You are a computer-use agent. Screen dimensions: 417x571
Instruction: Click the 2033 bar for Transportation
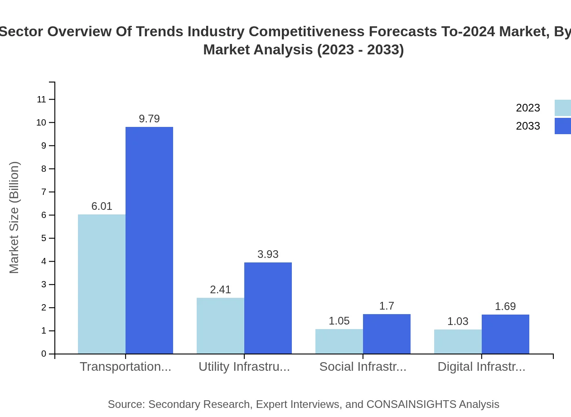[149, 240]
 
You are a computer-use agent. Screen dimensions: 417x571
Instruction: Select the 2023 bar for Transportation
[102, 284]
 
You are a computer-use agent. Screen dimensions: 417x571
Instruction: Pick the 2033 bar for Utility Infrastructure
[268, 308]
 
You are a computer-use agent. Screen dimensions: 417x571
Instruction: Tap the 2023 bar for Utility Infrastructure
[220, 325]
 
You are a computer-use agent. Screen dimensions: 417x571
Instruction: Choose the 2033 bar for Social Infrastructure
[387, 334]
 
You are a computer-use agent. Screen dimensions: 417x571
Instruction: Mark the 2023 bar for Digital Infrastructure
[458, 342]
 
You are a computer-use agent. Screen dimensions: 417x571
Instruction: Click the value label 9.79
[149, 119]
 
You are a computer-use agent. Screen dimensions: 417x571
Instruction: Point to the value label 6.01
[102, 206]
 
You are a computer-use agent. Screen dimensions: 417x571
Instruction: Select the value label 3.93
[268, 254]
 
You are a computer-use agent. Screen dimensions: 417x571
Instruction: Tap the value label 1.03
[458, 321]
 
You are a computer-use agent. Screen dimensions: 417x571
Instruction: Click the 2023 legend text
[528, 108]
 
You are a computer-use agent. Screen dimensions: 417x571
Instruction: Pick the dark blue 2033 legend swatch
[562, 126]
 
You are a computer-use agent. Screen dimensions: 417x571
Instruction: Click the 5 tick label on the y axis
[44, 238]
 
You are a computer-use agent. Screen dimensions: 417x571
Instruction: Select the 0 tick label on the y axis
[44, 354]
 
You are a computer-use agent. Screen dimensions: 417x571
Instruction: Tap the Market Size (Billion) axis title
[15, 218]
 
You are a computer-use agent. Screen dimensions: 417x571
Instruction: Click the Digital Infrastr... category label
[481, 367]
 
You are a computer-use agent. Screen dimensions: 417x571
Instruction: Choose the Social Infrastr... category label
[363, 367]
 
